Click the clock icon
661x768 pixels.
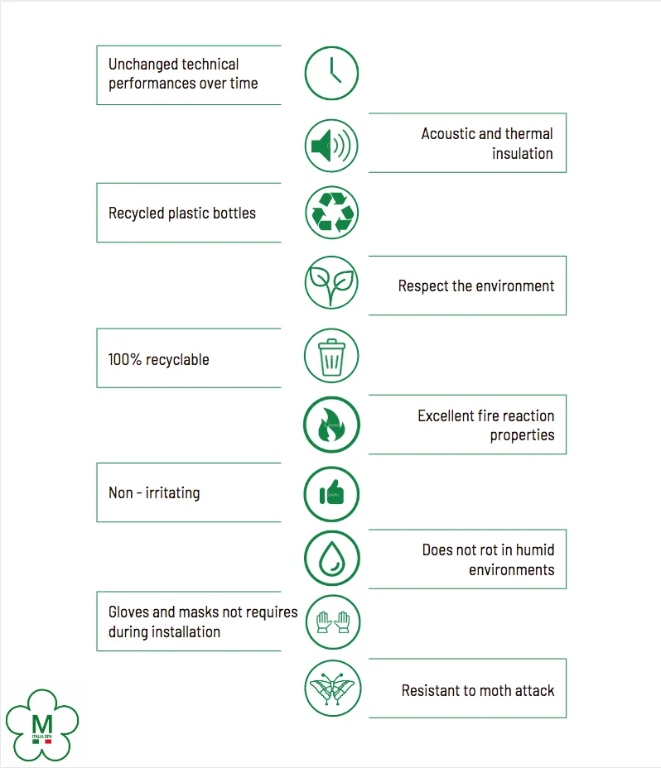point(331,73)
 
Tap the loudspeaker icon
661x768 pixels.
point(331,146)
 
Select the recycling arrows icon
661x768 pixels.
point(331,213)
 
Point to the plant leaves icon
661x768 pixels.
point(331,283)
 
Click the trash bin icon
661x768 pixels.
point(331,356)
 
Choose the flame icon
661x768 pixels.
point(331,425)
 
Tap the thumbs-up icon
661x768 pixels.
point(331,494)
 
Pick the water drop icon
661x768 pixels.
point(331,559)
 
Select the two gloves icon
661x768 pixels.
point(331,622)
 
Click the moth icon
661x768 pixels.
point(331,688)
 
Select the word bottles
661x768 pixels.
point(234,214)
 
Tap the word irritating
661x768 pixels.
point(172,493)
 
